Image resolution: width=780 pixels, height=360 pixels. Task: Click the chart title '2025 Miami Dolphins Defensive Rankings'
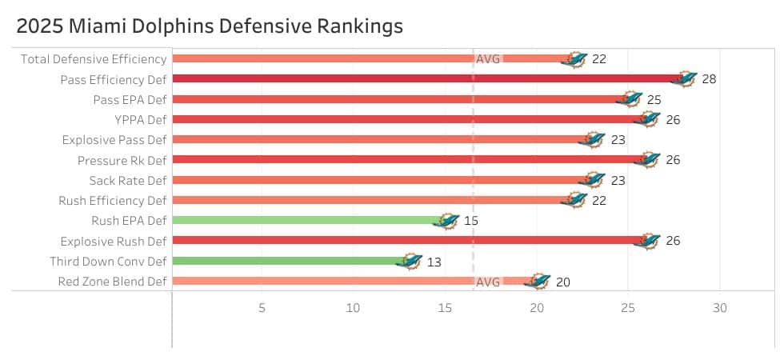[x=210, y=26]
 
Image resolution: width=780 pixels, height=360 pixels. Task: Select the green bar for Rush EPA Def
[x=308, y=220]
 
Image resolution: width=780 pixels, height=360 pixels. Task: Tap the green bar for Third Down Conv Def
[x=288, y=261]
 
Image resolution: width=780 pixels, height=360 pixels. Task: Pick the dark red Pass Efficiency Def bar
[x=424, y=78]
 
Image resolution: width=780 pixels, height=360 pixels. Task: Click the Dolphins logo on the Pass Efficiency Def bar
[x=685, y=78]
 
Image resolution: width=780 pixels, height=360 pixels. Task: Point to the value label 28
[x=709, y=79]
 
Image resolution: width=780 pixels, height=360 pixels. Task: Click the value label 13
[x=434, y=262]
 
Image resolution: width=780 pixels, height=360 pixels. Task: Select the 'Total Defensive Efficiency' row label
[x=94, y=58]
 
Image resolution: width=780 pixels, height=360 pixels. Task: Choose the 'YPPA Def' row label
[x=134, y=119]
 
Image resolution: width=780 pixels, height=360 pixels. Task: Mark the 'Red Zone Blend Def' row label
[x=113, y=282]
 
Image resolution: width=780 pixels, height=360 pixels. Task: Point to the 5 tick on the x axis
[x=262, y=308]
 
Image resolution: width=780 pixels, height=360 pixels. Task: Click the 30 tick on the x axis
[x=720, y=308]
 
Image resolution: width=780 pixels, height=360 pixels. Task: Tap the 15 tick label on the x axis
[x=445, y=308]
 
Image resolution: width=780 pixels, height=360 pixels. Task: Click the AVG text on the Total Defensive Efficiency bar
[x=488, y=59]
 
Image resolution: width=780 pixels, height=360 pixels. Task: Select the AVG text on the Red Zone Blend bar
[x=488, y=282]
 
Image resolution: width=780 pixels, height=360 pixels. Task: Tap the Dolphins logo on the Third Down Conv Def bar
[x=410, y=261]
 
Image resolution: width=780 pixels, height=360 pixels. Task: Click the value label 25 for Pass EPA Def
[x=654, y=99]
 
